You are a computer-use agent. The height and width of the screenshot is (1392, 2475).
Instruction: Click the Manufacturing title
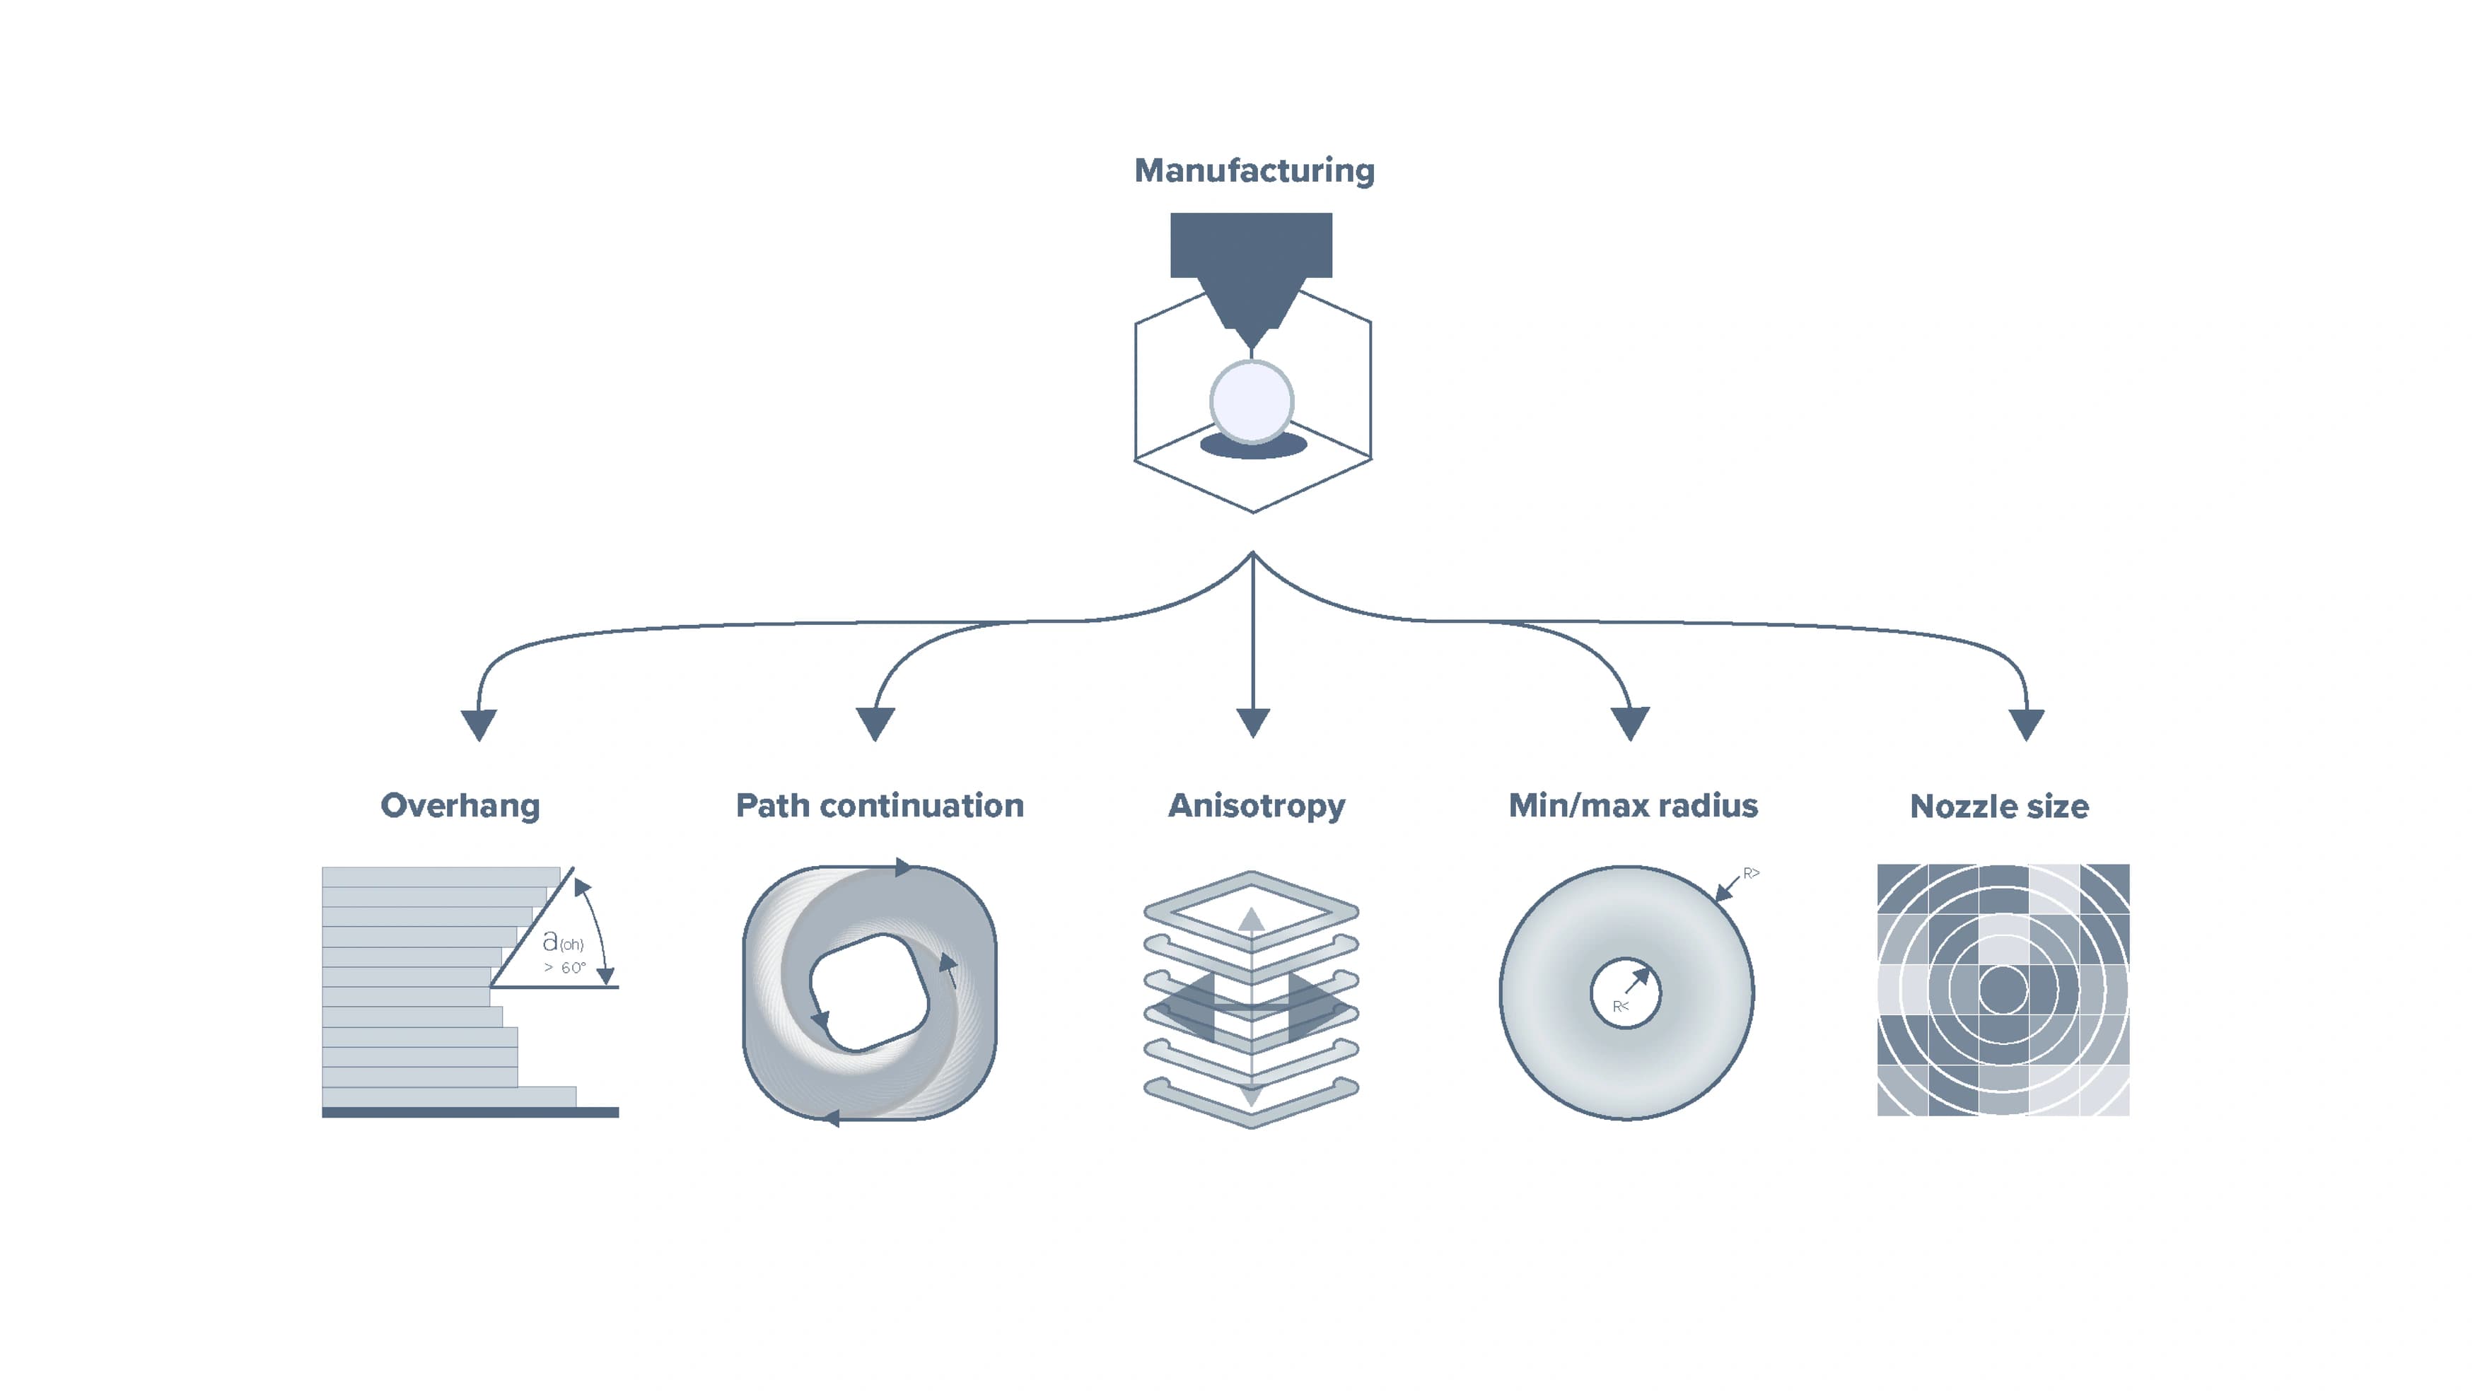[1254, 171]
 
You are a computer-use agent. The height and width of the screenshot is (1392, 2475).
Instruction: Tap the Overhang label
[460, 806]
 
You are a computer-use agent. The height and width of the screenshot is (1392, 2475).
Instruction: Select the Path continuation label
[879, 805]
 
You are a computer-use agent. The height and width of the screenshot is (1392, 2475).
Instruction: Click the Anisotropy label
[1256, 806]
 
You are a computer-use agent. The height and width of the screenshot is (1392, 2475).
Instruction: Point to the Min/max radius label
[1633, 805]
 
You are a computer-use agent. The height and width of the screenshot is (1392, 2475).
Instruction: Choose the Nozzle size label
[1999, 806]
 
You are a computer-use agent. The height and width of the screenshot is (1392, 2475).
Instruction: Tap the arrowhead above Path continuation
[875, 723]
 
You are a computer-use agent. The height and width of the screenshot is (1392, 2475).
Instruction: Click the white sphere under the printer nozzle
[1252, 402]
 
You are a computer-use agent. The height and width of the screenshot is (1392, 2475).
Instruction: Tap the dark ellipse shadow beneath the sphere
[1253, 448]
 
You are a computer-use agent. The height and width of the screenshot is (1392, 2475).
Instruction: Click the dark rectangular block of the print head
[1251, 245]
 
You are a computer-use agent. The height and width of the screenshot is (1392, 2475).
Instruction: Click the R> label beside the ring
[1752, 873]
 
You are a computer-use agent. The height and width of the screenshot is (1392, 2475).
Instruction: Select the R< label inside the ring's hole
[1620, 1007]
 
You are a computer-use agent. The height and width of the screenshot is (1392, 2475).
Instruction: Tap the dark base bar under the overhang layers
[470, 1113]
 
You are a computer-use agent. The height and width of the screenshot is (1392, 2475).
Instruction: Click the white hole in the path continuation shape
[870, 991]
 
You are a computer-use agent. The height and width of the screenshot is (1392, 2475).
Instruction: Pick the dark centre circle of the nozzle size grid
[2003, 990]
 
